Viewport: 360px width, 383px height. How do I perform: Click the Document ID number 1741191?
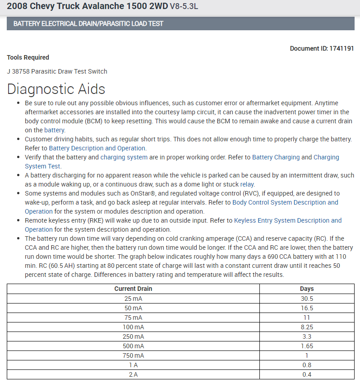click(x=341, y=48)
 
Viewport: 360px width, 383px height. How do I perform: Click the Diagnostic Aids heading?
click(x=56, y=89)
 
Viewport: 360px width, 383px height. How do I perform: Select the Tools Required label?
click(x=28, y=57)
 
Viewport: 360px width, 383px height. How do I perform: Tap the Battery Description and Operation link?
click(x=97, y=148)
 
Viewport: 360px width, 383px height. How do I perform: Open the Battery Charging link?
click(x=276, y=157)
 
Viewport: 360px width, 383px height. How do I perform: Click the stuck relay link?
click(x=247, y=184)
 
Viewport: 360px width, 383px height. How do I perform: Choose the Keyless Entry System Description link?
click(x=288, y=220)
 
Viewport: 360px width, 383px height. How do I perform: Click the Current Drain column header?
click(x=133, y=289)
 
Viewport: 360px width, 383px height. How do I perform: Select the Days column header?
click(x=307, y=289)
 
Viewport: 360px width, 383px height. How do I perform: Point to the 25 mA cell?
click(x=133, y=299)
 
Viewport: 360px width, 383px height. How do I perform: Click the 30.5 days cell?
click(x=307, y=299)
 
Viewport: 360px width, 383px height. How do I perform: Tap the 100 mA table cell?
click(x=133, y=327)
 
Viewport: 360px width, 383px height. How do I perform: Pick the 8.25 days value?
click(x=307, y=327)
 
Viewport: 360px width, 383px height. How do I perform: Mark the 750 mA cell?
click(x=133, y=355)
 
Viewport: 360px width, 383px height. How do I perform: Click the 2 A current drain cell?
click(x=133, y=374)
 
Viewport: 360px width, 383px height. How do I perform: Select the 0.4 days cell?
click(x=307, y=374)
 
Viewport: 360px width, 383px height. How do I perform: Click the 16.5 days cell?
click(x=307, y=308)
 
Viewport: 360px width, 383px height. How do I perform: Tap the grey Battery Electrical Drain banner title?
click(x=88, y=23)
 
